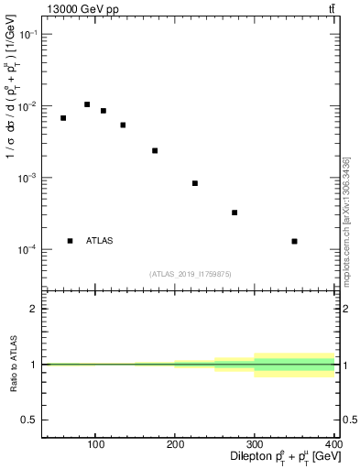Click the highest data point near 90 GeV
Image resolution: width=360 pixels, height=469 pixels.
87,104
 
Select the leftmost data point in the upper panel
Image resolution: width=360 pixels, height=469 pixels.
63,118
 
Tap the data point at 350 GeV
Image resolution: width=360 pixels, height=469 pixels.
294,241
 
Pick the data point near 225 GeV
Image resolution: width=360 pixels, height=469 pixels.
195,183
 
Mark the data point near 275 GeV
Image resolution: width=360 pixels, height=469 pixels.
235,213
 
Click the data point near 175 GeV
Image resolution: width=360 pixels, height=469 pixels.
155,150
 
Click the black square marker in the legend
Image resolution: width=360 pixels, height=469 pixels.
70,241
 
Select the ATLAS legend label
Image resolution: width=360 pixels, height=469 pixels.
100,241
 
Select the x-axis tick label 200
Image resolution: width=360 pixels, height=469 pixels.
175,445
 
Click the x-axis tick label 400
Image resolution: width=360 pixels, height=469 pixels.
333,445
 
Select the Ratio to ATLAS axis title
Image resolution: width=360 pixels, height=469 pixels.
10,364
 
